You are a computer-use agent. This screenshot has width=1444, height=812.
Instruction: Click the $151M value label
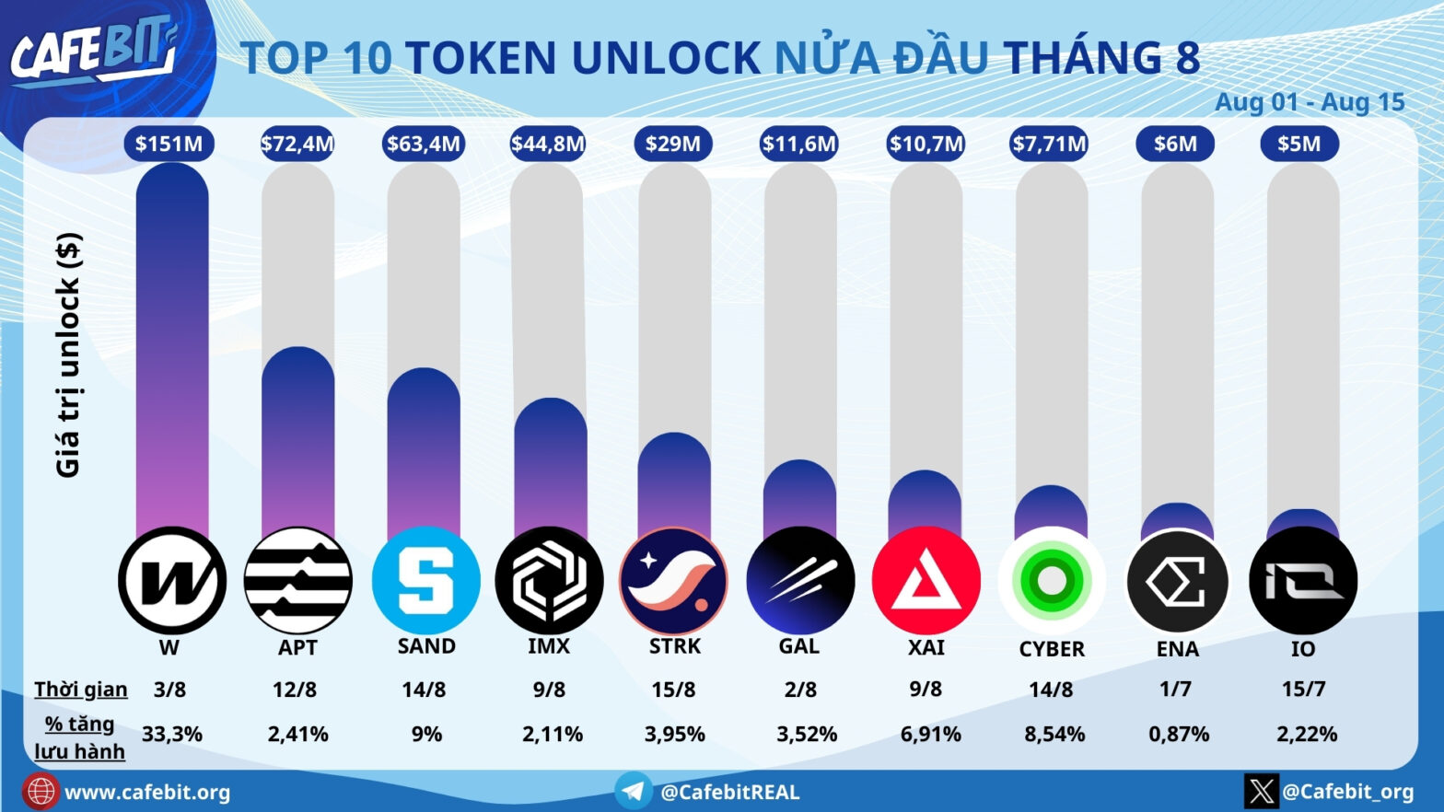169,144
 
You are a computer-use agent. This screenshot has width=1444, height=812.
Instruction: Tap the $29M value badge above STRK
672,144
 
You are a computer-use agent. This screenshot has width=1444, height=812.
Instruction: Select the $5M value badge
1298,144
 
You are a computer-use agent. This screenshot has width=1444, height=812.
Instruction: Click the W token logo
172,581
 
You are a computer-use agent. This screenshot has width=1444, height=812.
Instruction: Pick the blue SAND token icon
425,581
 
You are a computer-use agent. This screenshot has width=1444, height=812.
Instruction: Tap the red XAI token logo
926,581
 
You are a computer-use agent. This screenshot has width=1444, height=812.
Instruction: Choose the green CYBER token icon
1052,581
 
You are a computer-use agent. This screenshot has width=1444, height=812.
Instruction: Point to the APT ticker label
297,647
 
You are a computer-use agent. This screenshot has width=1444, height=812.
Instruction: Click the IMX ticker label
549,646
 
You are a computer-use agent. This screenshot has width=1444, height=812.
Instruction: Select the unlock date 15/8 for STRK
673,690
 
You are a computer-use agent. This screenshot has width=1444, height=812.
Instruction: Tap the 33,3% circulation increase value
172,735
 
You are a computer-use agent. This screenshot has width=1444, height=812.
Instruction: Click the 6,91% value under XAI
930,735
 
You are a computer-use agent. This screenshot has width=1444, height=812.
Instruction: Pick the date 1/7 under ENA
1175,689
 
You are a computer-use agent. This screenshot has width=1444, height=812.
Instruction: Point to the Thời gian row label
81,690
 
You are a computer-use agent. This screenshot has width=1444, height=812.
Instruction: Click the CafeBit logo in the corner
92,51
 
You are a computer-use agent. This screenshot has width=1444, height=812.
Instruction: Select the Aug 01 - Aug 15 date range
1310,102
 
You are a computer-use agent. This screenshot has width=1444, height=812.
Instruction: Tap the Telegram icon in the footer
634,791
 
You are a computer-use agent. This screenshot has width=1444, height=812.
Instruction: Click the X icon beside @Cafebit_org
1262,791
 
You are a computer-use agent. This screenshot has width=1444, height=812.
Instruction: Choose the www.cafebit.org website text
147,793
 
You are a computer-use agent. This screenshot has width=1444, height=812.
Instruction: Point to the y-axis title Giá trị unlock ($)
68,354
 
